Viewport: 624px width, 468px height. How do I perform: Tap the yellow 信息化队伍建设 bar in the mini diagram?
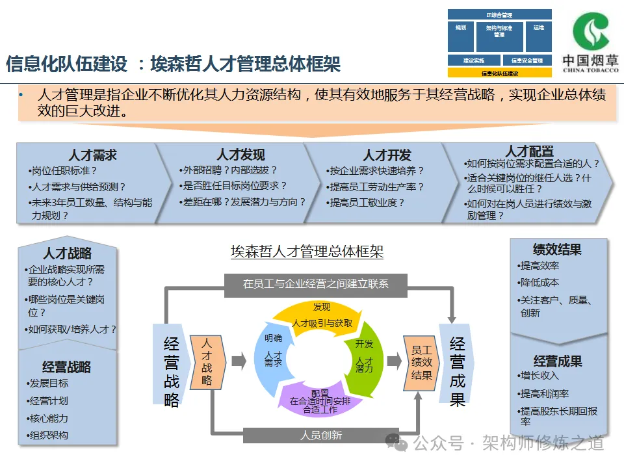[x=499, y=73]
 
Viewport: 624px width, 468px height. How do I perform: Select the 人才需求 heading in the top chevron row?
[x=92, y=155]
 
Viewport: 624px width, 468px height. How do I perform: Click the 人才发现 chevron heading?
[x=240, y=155]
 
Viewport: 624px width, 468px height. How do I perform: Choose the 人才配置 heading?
[x=530, y=151]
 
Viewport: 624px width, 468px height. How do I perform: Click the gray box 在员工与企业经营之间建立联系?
[x=316, y=283]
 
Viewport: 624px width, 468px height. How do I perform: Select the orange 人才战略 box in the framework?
[x=207, y=361]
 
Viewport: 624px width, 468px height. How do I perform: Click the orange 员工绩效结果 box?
[x=421, y=361]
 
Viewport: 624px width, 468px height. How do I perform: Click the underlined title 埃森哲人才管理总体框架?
[x=307, y=252]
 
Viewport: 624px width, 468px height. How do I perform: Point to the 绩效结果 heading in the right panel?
[x=557, y=250]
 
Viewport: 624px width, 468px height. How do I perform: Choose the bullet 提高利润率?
[x=545, y=393]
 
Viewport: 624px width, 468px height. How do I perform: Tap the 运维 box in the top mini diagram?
[x=538, y=29]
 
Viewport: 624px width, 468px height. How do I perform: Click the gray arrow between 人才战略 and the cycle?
[x=239, y=361]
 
